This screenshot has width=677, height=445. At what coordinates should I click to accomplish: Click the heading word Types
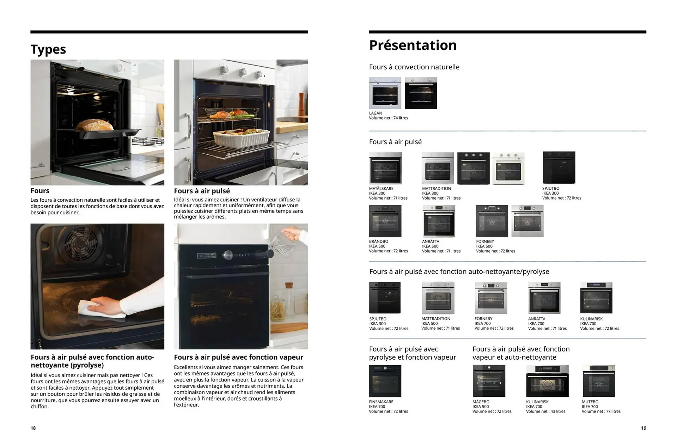click(x=48, y=49)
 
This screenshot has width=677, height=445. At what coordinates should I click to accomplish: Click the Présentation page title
click(x=413, y=45)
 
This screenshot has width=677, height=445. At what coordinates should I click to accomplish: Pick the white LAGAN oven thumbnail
click(x=385, y=93)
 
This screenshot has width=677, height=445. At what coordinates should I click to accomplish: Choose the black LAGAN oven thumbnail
click(x=421, y=93)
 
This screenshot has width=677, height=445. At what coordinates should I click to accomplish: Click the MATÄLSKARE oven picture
click(x=385, y=168)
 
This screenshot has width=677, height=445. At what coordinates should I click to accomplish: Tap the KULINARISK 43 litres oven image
click(x=547, y=381)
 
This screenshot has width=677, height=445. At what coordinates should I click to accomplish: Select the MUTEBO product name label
click(x=590, y=402)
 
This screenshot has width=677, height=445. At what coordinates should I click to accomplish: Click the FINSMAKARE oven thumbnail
click(x=385, y=381)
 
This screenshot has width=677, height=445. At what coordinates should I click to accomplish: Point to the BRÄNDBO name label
click(x=378, y=242)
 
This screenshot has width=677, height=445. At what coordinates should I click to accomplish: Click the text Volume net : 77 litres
click(x=601, y=412)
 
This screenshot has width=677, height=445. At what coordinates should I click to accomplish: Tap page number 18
click(x=33, y=428)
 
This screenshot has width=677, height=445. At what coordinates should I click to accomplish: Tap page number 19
click(x=644, y=428)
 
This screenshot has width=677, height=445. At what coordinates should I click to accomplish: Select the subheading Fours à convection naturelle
click(x=414, y=67)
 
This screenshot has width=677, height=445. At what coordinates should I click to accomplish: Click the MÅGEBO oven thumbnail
click(x=489, y=381)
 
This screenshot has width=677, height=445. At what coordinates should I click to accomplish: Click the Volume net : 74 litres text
click(x=388, y=118)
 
